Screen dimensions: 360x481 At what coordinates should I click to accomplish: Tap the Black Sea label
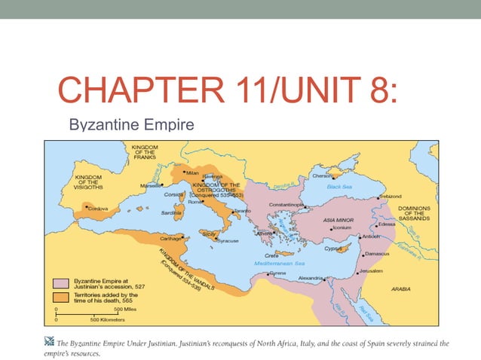point(339,185)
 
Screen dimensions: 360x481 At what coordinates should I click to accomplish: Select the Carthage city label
point(170,238)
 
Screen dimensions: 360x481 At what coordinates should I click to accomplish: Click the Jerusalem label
point(370,270)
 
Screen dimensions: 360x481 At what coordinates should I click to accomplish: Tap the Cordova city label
point(98,209)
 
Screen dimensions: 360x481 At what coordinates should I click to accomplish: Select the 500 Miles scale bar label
point(125,309)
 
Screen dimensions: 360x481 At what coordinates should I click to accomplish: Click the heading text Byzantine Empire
point(131,124)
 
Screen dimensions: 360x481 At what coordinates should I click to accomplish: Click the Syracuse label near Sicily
point(225,241)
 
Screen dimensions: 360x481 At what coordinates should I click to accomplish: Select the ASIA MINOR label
point(339,219)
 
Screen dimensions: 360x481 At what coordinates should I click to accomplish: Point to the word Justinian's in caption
point(234,343)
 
